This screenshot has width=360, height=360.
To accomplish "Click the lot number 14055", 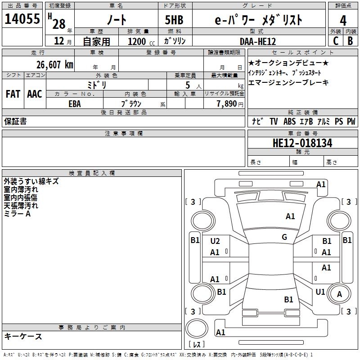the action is click(22, 18).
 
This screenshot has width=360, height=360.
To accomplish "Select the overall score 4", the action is click(343, 20).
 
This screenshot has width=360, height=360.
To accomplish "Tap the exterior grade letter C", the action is click(336, 41).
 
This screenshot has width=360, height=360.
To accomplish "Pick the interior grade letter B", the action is click(350, 41).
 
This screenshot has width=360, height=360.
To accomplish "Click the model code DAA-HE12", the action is click(258, 41).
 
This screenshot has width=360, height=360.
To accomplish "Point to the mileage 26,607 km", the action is click(55, 65).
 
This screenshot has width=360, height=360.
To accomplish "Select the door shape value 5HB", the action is click(174, 20).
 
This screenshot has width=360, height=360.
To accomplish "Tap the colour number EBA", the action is click(75, 104).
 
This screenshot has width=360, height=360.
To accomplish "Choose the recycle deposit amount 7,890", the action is click(227, 104).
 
